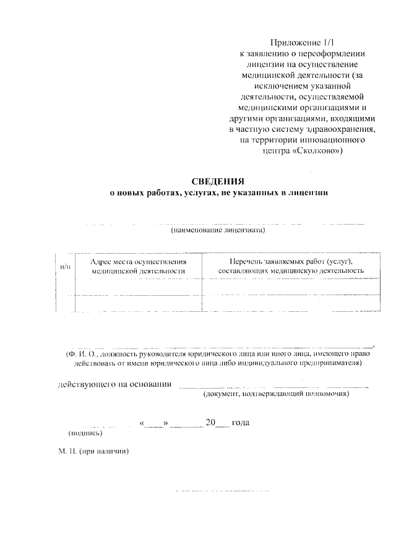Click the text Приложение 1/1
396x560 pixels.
301,43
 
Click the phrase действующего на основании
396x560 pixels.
114,384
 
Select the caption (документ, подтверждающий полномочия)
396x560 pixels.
277,394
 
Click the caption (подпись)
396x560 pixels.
81,433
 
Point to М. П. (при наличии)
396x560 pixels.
93,451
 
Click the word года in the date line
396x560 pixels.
240,423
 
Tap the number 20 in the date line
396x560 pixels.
210,423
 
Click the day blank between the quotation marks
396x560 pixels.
154,424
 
